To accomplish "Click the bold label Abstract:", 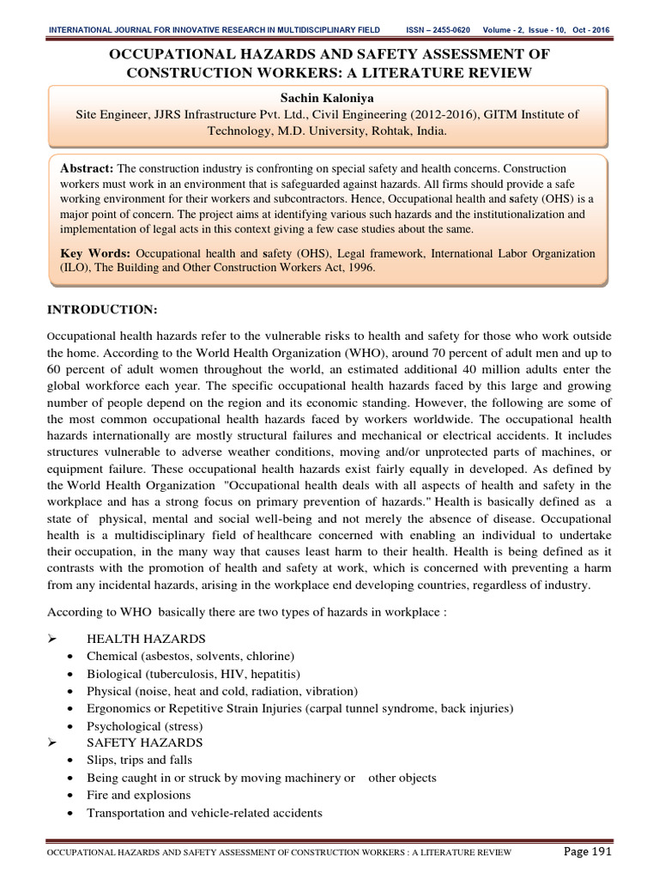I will [87, 168].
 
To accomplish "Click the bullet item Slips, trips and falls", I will [140, 760].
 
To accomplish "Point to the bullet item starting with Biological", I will [194, 673].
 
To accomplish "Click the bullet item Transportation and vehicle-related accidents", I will [204, 812].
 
